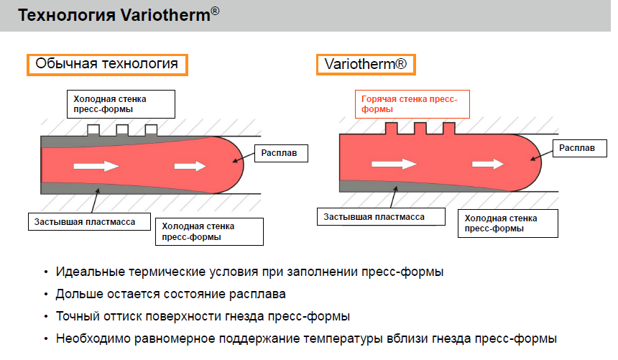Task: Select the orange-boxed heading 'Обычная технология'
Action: tap(107, 64)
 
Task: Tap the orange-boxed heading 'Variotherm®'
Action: tap(366, 64)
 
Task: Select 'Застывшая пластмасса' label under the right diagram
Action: tap(374, 216)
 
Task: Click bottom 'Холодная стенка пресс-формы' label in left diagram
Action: tap(208, 231)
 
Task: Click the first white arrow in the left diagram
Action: tap(96, 166)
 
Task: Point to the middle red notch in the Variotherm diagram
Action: tap(420, 129)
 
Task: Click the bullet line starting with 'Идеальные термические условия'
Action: tap(249, 273)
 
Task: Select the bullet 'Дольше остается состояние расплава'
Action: tap(170, 295)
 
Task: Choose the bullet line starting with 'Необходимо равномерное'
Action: tap(306, 338)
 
